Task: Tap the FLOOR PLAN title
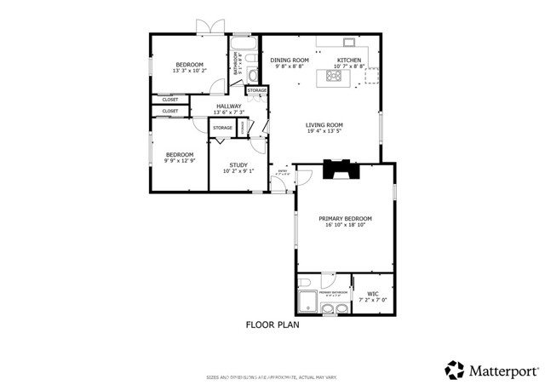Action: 272,325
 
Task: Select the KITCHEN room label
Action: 349,60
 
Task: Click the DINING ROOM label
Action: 289,60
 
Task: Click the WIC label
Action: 372,294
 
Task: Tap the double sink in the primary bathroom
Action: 328,307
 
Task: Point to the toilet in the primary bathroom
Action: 304,284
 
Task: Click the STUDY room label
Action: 238,164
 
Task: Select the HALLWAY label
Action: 228,106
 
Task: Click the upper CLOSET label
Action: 170,99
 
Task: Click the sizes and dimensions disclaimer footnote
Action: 272,376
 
